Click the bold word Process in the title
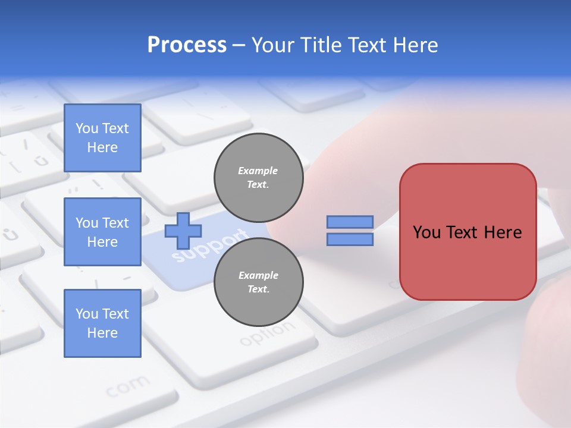coord(187,45)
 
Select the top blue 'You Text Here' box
coord(102,138)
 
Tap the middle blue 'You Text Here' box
coord(102,232)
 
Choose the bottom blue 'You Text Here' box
coord(102,323)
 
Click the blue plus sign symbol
coord(183,231)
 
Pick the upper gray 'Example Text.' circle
coord(258,177)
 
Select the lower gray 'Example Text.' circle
coord(258,282)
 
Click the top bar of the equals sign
coord(350,222)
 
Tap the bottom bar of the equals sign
coord(350,239)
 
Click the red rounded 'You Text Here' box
coord(468,232)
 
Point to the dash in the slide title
coord(239,46)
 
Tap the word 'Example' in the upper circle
coord(258,171)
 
